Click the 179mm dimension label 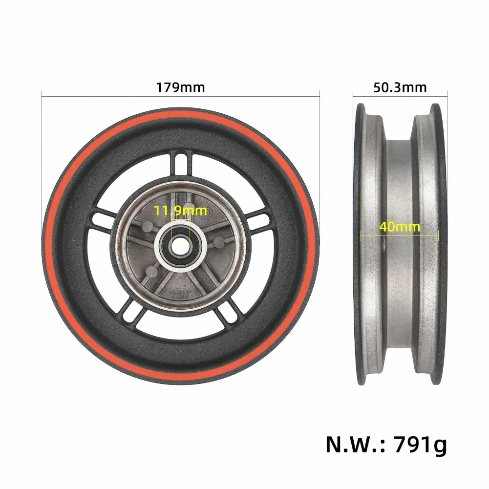point(181,88)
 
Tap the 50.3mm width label point(400,88)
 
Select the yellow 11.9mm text point(180,212)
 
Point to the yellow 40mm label point(400,227)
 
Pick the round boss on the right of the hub point(219,242)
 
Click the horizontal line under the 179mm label point(181,96)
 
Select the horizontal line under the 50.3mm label point(400,96)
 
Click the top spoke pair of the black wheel point(181,161)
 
